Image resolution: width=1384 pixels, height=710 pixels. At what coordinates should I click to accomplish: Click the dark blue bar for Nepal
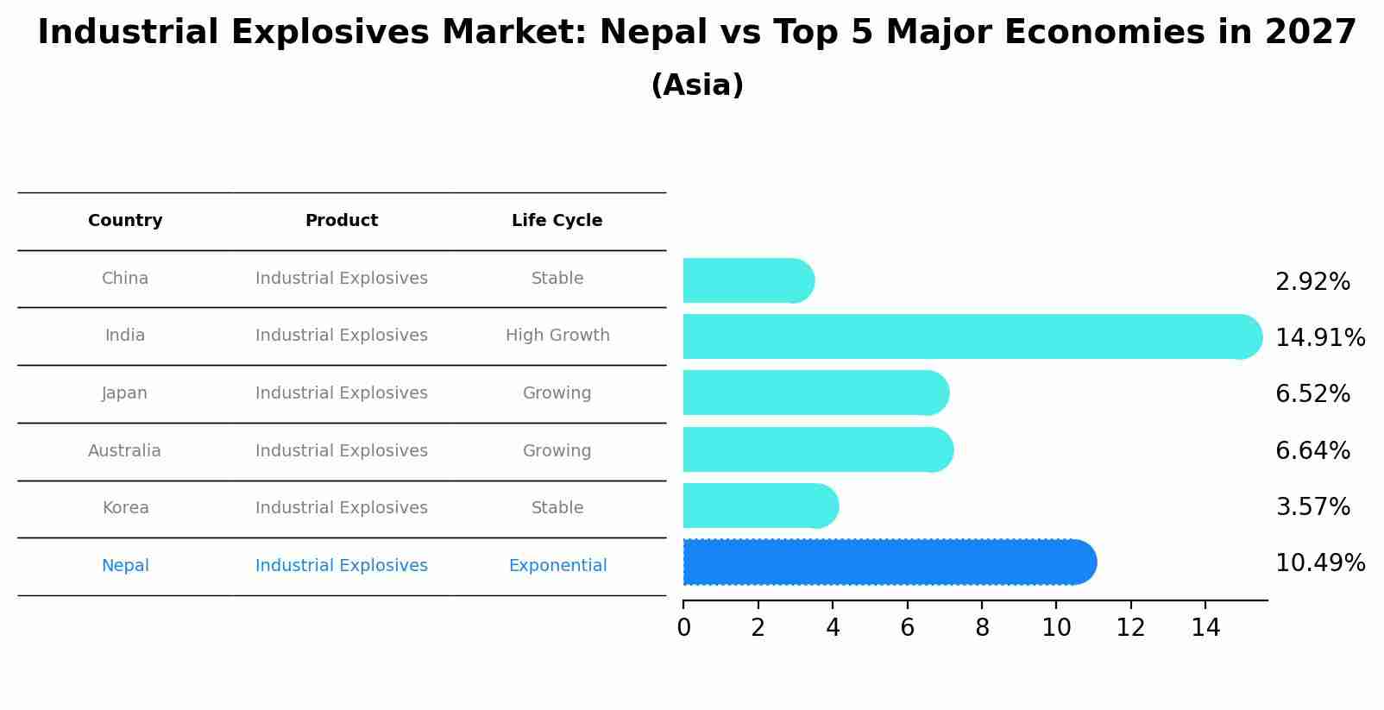[889, 562]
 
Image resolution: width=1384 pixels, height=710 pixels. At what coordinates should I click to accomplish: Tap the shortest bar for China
[747, 280]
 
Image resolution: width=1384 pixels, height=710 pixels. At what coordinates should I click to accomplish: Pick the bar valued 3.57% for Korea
[759, 506]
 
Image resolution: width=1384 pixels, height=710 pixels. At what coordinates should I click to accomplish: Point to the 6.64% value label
[1312, 450]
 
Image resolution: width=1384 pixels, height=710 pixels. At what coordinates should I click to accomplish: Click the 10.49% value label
[1319, 563]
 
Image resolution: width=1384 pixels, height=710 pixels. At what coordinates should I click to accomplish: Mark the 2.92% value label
[1312, 282]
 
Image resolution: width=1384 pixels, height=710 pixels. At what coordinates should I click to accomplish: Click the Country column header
[125, 221]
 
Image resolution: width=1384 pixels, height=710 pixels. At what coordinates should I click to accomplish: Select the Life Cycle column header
[557, 221]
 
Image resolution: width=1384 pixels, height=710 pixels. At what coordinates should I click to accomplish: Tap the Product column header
[342, 221]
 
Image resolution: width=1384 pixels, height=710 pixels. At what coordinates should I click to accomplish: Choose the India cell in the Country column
[125, 336]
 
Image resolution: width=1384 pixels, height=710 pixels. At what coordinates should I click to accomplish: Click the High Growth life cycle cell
[557, 336]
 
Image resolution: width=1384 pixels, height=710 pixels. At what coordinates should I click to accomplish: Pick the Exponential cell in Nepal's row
[557, 566]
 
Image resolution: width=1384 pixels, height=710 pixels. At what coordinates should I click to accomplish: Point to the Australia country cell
[124, 451]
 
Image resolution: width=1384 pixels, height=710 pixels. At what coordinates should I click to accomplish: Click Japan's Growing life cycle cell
[557, 393]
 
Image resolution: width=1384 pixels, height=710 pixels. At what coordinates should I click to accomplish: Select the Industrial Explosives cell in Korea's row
[342, 508]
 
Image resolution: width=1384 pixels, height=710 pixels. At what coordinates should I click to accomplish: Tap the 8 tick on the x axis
[982, 628]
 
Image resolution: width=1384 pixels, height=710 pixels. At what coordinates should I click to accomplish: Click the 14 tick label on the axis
[1205, 628]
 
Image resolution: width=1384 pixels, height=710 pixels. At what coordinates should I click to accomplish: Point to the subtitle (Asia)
[697, 85]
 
